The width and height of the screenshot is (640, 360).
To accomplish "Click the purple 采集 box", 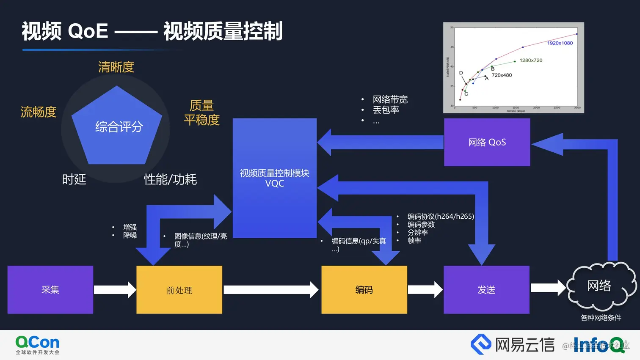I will point(50,290).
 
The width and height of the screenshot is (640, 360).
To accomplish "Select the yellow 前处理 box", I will point(179,290).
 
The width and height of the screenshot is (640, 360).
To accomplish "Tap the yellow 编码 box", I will point(364,290).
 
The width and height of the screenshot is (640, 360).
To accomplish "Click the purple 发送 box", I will point(486,290).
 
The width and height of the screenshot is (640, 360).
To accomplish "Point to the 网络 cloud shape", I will point(600,286).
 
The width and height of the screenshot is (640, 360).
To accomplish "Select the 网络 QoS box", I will point(487,142).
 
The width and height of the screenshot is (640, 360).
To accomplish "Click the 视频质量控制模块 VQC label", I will point(274,178).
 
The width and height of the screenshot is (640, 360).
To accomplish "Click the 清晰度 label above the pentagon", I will point(116,67).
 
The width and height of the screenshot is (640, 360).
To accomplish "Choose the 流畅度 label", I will point(39,112).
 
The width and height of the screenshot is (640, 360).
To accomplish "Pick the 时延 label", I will point(74,179).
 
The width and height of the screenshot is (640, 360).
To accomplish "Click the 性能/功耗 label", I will point(170,179).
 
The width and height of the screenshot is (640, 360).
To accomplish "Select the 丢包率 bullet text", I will point(386,110).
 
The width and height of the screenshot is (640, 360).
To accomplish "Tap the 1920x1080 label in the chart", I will point(560,43).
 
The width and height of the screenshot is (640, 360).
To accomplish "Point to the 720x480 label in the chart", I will point(502,75).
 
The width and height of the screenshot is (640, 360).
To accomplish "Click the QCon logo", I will point(37,345).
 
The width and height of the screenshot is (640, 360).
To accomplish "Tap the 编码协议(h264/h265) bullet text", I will point(440,216).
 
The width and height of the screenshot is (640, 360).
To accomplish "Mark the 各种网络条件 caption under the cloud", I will point(601,318).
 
